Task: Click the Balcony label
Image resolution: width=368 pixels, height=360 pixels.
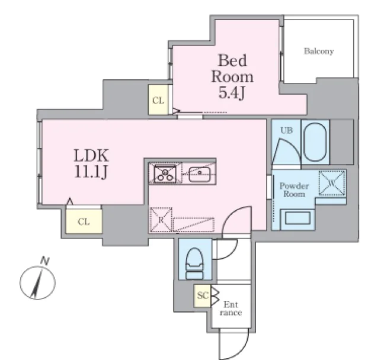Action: click(x=319, y=51)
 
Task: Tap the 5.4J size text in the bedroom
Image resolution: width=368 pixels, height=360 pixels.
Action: click(x=232, y=92)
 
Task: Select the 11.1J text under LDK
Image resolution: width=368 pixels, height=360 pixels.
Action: click(x=91, y=172)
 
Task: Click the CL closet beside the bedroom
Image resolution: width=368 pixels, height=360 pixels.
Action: click(x=158, y=100)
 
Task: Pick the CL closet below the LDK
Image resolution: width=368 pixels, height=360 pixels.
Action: click(x=84, y=221)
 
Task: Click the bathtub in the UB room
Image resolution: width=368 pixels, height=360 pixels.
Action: click(x=315, y=142)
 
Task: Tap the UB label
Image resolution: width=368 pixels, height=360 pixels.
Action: click(x=287, y=130)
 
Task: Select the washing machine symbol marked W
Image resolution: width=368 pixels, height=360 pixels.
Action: click(x=332, y=184)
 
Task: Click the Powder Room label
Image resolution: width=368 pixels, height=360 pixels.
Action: click(x=294, y=190)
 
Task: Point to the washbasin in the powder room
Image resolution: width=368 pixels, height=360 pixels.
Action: click(x=298, y=218)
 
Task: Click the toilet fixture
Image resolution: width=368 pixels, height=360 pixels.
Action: click(x=194, y=263)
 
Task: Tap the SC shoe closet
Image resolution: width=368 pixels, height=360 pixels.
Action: click(x=203, y=295)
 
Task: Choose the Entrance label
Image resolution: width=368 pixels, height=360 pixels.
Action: click(x=231, y=308)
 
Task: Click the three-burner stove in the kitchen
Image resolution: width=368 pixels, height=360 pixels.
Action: click(x=165, y=173)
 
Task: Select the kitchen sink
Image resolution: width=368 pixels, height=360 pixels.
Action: click(x=200, y=175)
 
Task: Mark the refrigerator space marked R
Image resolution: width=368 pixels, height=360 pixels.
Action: click(x=161, y=220)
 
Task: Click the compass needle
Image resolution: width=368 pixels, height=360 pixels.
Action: click(x=37, y=283)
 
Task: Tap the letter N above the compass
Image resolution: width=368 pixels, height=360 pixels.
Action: click(x=45, y=261)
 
